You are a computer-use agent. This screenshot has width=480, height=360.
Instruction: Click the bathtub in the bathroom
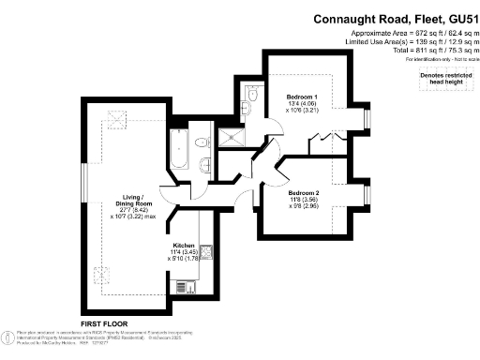coord(179,147)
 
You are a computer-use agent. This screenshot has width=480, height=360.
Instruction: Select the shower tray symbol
coord(229,138)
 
